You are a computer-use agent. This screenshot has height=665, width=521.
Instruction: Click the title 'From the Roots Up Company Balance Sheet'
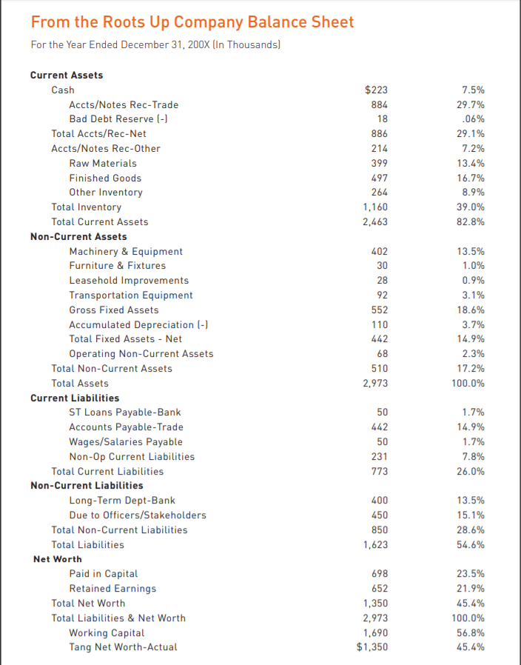pos(192,21)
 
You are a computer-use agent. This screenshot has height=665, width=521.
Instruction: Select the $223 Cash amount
pos(377,90)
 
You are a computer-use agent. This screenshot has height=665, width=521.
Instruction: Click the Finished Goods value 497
pos(379,178)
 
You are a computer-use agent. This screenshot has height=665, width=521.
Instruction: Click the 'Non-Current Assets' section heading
pos(78,236)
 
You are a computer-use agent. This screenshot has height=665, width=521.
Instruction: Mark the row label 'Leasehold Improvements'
pos(129,281)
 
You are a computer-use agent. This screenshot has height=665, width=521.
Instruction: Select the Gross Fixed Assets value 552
pos(379,310)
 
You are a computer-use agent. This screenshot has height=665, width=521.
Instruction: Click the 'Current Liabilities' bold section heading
pos(75,398)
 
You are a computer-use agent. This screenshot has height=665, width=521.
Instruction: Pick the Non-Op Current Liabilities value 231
pos(379,457)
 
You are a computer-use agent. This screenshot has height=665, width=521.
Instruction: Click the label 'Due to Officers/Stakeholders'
pos(138,515)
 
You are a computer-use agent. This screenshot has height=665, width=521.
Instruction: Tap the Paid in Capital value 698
pos(379,574)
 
